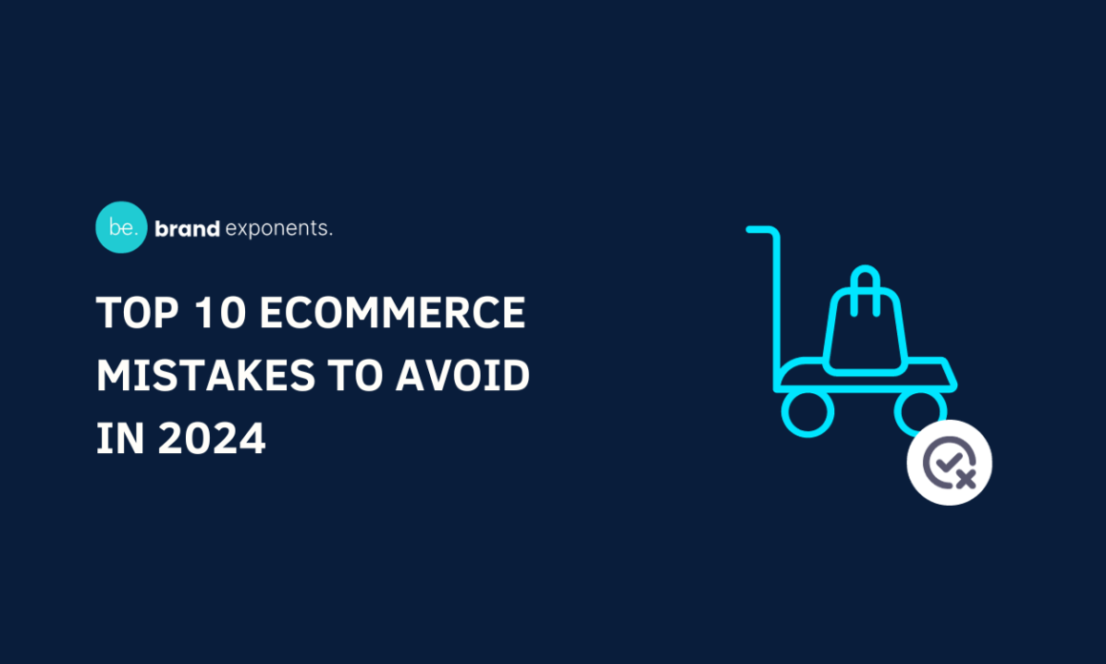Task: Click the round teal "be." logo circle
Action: click(121, 228)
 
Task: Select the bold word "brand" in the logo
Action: click(187, 229)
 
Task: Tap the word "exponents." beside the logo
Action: click(278, 229)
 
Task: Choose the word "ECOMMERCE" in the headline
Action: click(392, 315)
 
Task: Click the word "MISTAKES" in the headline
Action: click(205, 377)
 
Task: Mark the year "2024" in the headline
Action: click(211, 439)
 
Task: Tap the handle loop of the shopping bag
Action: click(864, 283)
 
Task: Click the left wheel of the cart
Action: click(808, 411)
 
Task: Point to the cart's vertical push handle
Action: click(777, 305)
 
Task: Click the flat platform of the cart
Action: click(864, 375)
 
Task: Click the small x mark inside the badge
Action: click(965, 477)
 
